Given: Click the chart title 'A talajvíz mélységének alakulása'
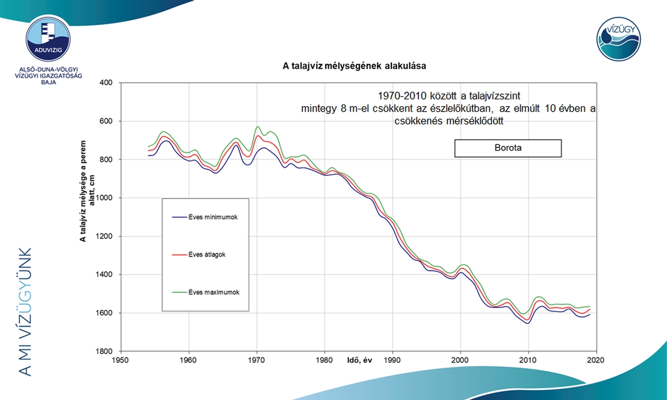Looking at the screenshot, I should tap(355, 66).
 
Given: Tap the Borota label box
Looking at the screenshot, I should tap(507, 148).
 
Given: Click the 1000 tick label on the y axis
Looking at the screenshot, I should tap(104, 198).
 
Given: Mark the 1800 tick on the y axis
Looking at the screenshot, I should tap(104, 351).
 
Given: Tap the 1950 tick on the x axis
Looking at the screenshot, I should tap(121, 359).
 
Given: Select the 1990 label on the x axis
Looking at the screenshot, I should tap(393, 359).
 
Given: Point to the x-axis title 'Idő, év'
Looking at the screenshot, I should tap(357, 362).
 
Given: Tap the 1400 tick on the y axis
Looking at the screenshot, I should tap(104, 274).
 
